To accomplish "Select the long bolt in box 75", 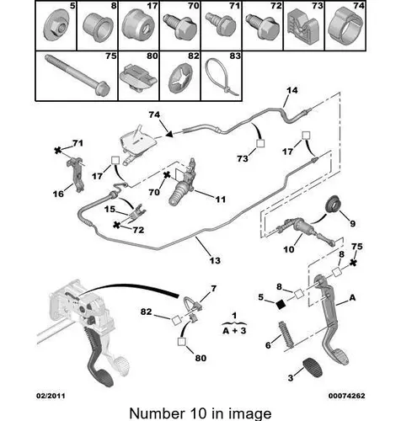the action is point(78,75).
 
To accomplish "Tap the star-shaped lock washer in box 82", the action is point(180,77).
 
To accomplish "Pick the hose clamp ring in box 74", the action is point(345,27).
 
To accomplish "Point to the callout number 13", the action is point(215,260).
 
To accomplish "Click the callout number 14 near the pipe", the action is point(292,90).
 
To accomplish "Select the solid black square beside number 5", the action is point(281,304).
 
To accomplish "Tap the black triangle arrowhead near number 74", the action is point(168,134).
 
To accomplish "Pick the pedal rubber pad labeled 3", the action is point(313,367).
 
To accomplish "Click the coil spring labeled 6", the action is point(286,333).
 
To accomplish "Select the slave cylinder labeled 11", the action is point(181,183).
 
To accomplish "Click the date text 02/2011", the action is point(51,396).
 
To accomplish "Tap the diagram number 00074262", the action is point(347,396).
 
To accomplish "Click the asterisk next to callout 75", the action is point(354,263).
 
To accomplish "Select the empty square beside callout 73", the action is point(260,143).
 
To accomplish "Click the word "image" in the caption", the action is point(250,413).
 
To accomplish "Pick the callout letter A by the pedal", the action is point(352,297).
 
